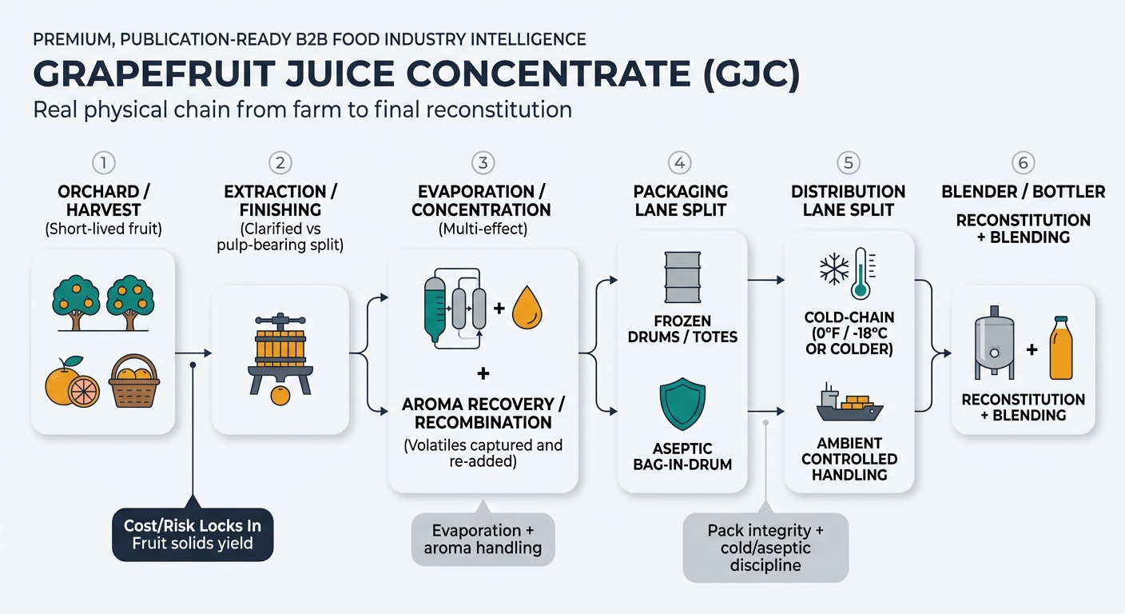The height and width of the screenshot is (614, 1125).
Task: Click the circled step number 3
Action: point(482,163)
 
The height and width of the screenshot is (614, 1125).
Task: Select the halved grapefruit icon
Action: point(83,391)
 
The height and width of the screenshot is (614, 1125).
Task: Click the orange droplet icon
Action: point(527,309)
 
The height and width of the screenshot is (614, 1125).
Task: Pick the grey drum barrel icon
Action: point(682,277)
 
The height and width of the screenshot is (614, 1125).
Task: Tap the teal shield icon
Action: point(682,404)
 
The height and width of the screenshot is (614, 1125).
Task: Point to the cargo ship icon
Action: point(849,404)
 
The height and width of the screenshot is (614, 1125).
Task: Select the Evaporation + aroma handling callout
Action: point(483,539)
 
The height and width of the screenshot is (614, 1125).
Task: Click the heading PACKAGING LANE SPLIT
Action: point(681,201)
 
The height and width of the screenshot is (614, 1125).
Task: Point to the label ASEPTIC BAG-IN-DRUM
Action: point(682,457)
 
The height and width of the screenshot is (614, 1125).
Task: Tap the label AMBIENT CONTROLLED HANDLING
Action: point(849,459)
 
